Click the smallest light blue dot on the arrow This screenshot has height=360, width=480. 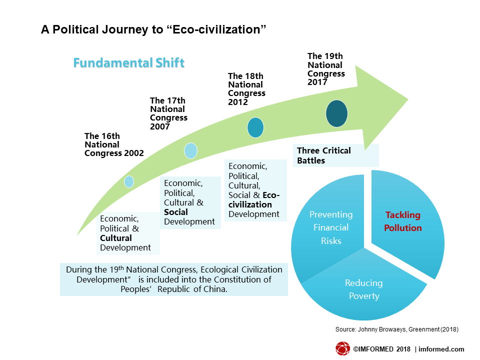129,182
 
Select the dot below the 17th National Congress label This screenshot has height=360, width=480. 190,150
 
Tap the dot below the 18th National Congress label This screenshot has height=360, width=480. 255,127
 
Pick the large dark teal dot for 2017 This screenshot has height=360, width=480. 336,113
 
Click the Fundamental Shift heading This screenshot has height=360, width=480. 128,63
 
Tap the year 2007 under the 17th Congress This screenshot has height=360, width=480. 160,126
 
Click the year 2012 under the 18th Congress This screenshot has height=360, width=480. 238,102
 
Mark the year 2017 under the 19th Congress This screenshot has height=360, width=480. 317,82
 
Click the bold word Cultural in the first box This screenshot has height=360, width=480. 115,238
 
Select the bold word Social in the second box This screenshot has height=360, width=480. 175,212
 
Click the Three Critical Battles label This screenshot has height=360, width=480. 324,155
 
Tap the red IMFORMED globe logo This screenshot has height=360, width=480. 342,348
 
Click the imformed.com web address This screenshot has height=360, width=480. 441,349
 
